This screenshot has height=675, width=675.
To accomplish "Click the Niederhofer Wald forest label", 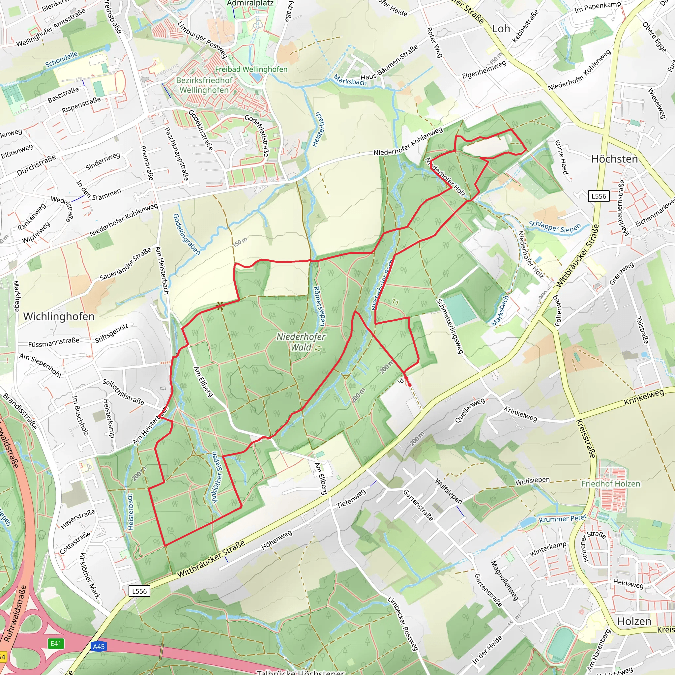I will [301, 342].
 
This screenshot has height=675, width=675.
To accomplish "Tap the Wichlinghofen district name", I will [59, 316].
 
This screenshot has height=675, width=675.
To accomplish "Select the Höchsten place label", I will [614, 159].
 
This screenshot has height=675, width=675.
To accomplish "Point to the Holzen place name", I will [634, 622].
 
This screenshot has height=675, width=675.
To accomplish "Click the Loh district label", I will [501, 29].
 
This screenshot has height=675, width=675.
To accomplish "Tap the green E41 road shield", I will [56, 644].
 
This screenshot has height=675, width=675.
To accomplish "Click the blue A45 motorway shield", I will [99, 646].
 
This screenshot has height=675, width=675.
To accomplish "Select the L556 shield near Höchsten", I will [599, 196].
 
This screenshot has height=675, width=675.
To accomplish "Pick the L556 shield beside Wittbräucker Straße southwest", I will [139, 591].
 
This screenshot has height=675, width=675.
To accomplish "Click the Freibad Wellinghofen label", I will [251, 69].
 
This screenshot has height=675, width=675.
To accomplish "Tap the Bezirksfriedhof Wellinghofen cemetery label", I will [204, 85].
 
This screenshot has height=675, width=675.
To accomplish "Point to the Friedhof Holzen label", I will [610, 484].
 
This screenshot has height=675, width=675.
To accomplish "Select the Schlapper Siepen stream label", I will [554, 227].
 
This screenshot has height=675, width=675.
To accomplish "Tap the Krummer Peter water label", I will [563, 519].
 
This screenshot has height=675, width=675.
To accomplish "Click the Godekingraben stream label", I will [187, 234].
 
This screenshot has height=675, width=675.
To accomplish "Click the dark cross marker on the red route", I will [220, 307].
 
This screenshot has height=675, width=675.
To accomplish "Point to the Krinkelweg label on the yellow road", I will [644, 397].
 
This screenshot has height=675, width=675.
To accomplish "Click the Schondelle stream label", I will [62, 60].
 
